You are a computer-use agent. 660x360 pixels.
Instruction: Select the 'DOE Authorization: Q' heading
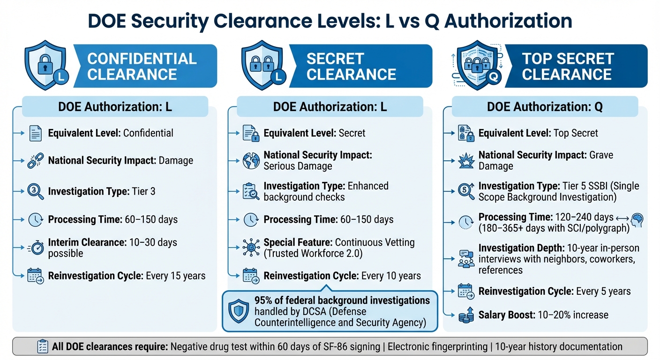click(545, 107)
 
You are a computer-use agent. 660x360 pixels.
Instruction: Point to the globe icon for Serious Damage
click(251, 160)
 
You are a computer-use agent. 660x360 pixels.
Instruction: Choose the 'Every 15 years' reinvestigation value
click(176, 276)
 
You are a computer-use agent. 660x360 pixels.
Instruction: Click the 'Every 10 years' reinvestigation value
click(391, 276)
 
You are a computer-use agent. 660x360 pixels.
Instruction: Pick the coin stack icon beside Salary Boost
click(466, 315)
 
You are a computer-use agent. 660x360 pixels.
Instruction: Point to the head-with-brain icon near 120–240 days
click(637, 220)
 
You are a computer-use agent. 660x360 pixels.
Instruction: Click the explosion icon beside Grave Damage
click(466, 161)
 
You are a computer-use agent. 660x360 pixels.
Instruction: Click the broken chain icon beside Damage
click(36, 161)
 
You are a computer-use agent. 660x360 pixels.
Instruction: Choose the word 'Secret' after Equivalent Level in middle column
click(352, 133)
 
